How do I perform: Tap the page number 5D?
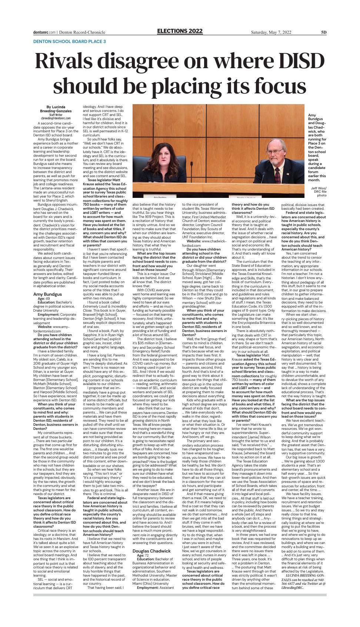coord(323,32)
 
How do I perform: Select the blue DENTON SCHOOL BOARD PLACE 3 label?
coord(69,42)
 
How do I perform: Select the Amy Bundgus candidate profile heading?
coord(48,283)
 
